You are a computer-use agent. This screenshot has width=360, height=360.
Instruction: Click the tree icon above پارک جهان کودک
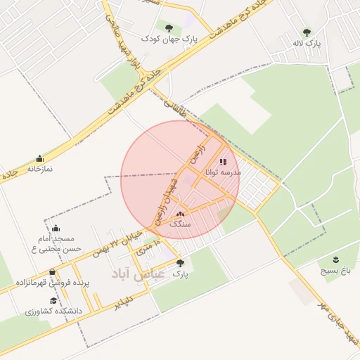(169, 28)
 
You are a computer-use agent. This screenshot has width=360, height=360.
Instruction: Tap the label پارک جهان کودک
(169, 39)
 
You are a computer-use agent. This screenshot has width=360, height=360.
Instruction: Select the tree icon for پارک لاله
(307, 32)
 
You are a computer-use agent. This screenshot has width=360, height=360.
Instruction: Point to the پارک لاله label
(307, 44)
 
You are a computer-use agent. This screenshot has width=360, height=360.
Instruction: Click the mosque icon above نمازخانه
(39, 158)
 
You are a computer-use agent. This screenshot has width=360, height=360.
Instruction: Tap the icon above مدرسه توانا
(223, 162)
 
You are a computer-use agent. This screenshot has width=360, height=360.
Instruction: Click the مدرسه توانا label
(223, 172)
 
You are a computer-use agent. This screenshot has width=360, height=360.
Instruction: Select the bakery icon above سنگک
(181, 214)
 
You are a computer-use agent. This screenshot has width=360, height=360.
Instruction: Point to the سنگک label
(181, 224)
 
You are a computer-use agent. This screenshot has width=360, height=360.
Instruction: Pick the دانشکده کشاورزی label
(53, 310)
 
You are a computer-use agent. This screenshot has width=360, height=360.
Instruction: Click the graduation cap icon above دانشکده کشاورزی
(53, 300)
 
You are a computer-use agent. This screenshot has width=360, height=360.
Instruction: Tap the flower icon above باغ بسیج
(335, 259)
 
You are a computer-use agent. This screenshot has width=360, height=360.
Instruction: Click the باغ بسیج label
(335, 270)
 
